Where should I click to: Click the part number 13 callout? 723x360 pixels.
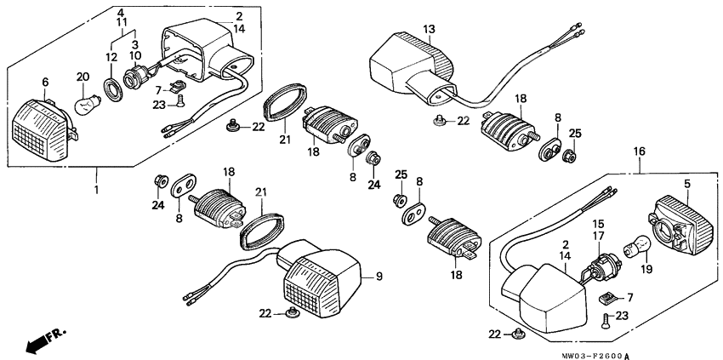pos(430,30)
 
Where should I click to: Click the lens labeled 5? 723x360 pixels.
pos(685,223)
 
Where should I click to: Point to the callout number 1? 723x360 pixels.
pos(96,189)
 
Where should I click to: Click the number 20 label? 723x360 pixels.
pos(83,76)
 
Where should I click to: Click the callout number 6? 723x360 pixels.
pos(46,82)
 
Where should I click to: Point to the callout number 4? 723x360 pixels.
pos(121,13)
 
